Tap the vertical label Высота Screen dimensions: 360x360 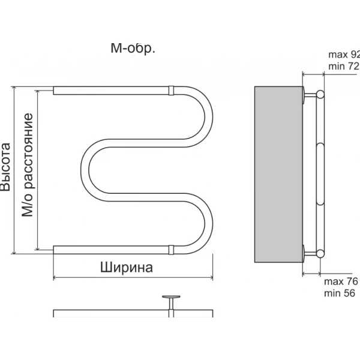(5, 167)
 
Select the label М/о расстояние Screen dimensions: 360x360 (28, 165)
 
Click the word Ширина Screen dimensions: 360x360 (127, 268)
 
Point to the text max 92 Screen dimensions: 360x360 (344, 55)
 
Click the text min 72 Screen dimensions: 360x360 (344, 66)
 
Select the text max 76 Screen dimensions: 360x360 (341, 281)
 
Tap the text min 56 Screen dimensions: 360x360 (340, 293)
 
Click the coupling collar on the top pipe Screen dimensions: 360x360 (171, 91)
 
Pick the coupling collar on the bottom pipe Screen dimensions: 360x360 (171, 250)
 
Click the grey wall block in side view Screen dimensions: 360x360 (278, 174)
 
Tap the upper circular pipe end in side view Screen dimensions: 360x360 (320, 94)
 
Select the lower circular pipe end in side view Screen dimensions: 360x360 (320, 253)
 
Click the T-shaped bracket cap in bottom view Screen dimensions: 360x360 (171, 297)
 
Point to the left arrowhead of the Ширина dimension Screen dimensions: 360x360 (55, 278)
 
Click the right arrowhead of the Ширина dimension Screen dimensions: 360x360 (211, 278)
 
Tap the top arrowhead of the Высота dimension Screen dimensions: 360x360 (14, 89)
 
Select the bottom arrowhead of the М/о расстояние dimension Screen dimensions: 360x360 (37, 248)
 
